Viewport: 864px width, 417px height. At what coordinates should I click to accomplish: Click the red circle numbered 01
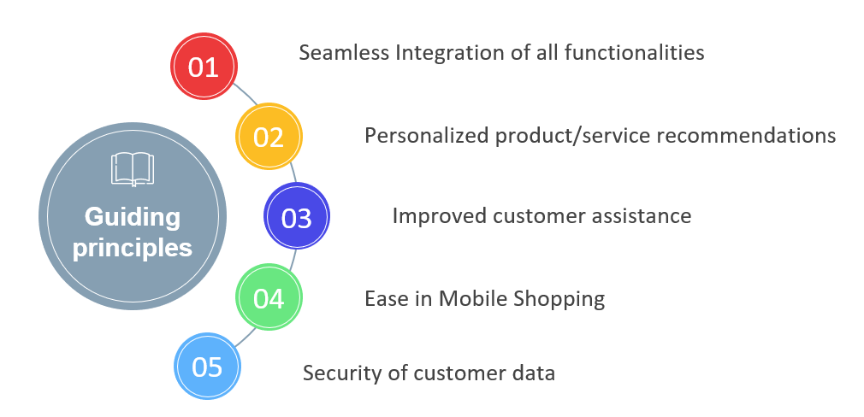tap(204, 66)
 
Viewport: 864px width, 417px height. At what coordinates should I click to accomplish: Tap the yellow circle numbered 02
tap(269, 136)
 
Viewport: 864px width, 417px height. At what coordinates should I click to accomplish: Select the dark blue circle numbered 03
tap(297, 216)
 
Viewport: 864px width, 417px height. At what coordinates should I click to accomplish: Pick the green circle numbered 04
tap(269, 297)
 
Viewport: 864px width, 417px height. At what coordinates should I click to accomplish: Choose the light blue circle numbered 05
tap(207, 366)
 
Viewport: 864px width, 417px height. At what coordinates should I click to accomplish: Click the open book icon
tap(133, 169)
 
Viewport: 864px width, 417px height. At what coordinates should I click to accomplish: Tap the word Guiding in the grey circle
tap(133, 217)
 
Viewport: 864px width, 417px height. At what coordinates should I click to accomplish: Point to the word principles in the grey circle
tap(133, 248)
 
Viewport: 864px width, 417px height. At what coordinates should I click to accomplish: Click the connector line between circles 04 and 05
tap(246, 338)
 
